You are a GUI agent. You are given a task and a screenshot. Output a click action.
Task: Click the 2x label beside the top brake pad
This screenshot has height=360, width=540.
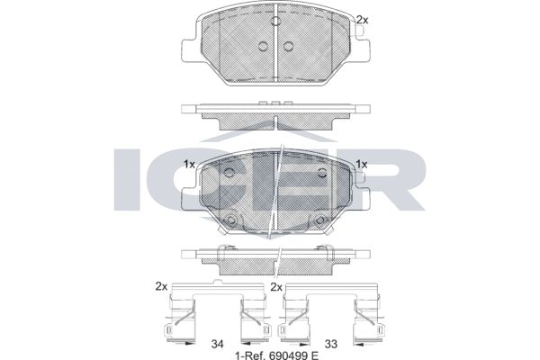click(362, 20)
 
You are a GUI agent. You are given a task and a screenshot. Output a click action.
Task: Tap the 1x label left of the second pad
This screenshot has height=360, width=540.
click(189, 165)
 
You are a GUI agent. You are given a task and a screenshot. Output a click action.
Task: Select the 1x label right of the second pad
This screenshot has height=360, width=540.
click(362, 165)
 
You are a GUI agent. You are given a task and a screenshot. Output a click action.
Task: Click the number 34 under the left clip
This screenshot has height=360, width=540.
click(217, 344)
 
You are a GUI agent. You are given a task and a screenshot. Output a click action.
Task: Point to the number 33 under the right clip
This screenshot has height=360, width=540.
click(331, 344)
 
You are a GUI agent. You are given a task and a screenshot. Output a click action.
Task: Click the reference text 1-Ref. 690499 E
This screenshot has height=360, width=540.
click(276, 355)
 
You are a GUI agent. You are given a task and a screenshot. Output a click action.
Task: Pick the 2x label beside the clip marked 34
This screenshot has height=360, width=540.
click(161, 286)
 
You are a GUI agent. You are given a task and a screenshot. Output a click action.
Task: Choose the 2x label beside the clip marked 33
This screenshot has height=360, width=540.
click(276, 286)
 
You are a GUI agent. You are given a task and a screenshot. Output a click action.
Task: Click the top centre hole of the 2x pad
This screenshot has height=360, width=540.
click(275, 21)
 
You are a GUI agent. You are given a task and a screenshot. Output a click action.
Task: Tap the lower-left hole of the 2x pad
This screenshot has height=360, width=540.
click(263, 46)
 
